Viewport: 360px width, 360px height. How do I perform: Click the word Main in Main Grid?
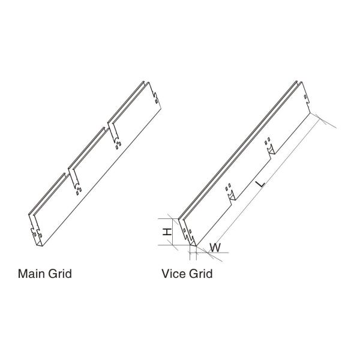31,274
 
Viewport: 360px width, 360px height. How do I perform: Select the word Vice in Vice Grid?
174,274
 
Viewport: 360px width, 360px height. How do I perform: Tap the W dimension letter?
217,246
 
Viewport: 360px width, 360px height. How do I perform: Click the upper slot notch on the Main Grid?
112,133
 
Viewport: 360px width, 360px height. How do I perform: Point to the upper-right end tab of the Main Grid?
155,96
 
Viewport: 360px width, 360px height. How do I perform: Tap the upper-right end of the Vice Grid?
307,96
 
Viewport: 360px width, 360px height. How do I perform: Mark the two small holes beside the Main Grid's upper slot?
118,143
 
